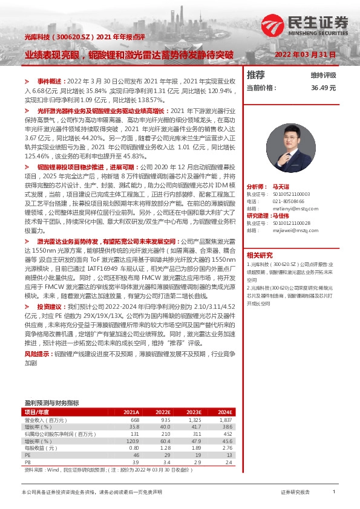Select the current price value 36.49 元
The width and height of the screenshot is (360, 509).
323,88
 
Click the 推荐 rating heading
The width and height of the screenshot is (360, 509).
256,75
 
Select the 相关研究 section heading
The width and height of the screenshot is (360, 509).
260,254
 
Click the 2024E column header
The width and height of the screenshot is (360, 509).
224,412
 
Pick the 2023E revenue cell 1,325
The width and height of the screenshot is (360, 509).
194,420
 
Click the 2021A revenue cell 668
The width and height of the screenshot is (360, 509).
134,420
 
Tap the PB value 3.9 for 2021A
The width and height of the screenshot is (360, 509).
136,462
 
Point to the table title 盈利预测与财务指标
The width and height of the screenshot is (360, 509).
51,403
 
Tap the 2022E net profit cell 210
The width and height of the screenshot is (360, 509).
164,433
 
